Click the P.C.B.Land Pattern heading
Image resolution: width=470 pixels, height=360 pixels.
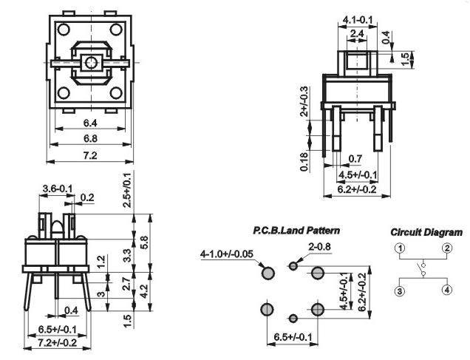(x=296, y=231)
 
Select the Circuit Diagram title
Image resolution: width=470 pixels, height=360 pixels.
(x=426, y=232)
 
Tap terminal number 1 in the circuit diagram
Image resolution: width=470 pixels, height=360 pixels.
(x=400, y=248)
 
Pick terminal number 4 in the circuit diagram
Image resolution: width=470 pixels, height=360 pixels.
(x=447, y=291)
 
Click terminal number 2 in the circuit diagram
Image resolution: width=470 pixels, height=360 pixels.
(x=447, y=248)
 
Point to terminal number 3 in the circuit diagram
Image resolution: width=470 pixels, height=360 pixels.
(x=400, y=291)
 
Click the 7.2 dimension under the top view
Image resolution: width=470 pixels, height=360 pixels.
(x=90, y=155)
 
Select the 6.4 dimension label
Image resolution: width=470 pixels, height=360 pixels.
(x=90, y=123)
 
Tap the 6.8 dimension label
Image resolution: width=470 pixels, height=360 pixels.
(x=90, y=138)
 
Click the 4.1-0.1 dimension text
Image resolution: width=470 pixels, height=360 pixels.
(x=357, y=20)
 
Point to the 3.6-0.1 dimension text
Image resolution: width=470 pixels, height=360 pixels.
(x=57, y=189)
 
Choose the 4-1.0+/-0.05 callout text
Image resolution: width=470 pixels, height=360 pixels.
(x=227, y=254)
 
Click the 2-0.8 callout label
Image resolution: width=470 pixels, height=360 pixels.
(x=319, y=246)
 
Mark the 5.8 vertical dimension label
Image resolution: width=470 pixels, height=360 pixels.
(x=144, y=243)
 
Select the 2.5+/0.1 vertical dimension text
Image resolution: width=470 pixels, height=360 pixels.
(x=127, y=190)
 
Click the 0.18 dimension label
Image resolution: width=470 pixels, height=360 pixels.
(x=304, y=162)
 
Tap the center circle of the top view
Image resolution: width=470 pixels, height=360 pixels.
(x=90, y=63)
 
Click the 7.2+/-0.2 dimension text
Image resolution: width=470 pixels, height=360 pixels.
(x=57, y=342)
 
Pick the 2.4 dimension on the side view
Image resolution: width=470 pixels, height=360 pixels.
(x=357, y=33)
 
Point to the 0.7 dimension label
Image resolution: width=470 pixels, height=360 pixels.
(x=355, y=159)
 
